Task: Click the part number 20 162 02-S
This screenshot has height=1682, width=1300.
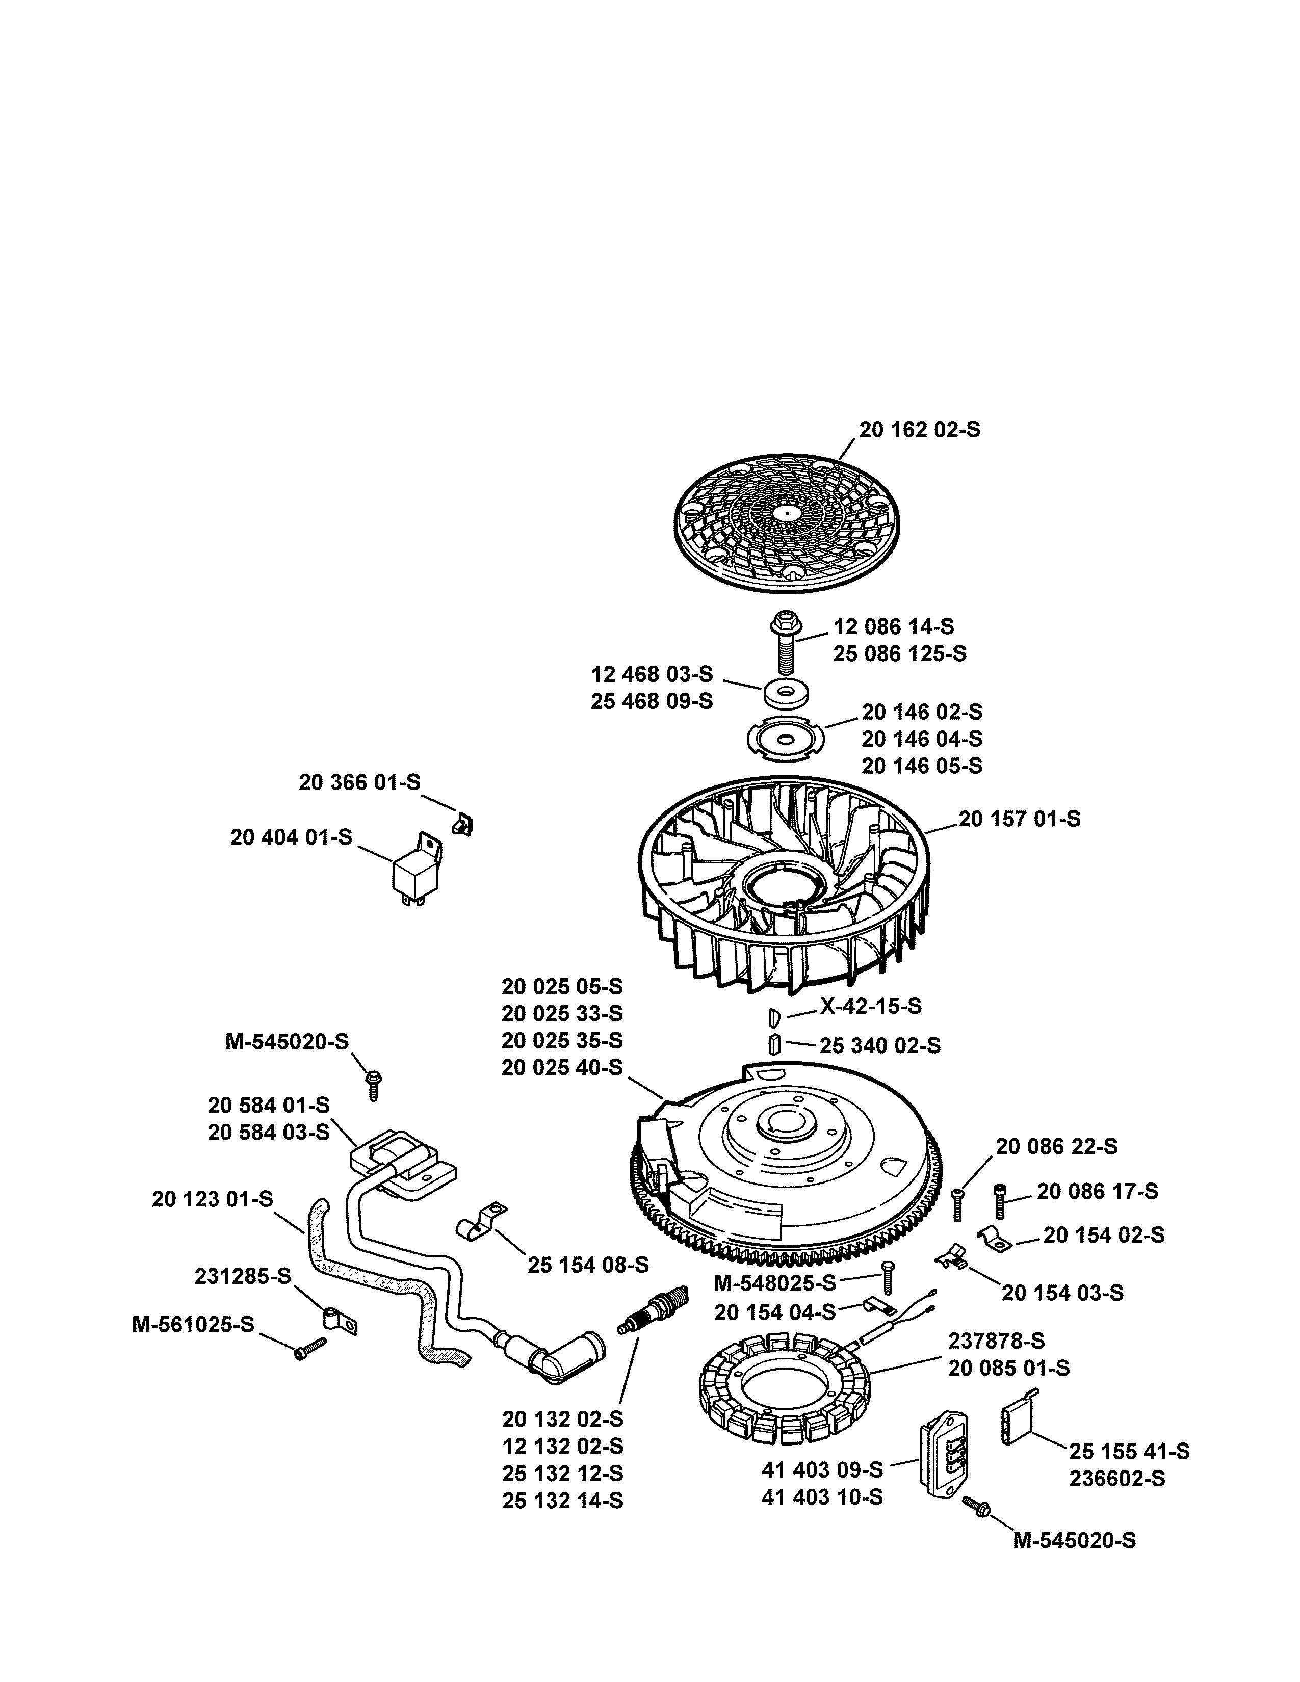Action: click(920, 430)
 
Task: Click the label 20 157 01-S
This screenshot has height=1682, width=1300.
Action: click(1019, 819)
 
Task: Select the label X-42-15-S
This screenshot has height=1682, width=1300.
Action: click(870, 1006)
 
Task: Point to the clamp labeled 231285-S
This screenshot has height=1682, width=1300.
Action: click(337, 1319)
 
